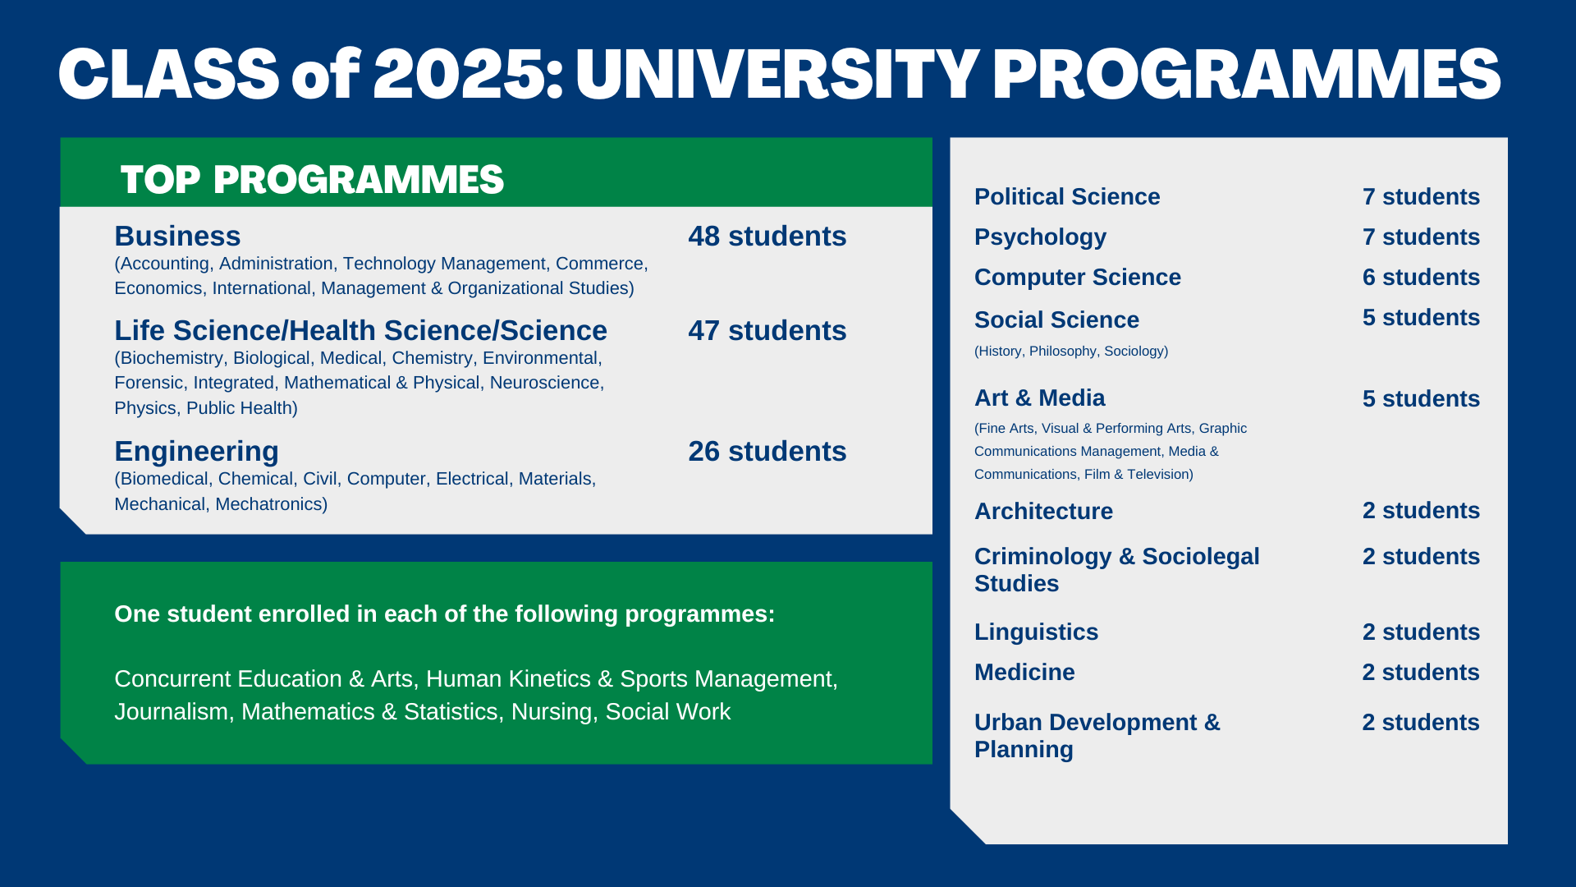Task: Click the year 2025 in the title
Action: point(460,74)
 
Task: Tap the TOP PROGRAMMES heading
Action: point(312,180)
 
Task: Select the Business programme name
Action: point(177,237)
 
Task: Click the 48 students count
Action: point(767,237)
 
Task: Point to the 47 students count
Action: point(767,331)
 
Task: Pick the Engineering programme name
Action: point(197,452)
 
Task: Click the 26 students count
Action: point(767,452)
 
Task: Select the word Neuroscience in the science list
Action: point(545,383)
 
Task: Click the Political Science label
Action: point(1067,197)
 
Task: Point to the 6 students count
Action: point(1421,278)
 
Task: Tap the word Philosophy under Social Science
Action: point(1063,352)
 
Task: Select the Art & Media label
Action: point(1040,398)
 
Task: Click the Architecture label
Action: point(1043,512)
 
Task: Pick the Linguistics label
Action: point(1036,632)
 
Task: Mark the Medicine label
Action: point(1024,673)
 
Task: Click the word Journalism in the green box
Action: point(172,712)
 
